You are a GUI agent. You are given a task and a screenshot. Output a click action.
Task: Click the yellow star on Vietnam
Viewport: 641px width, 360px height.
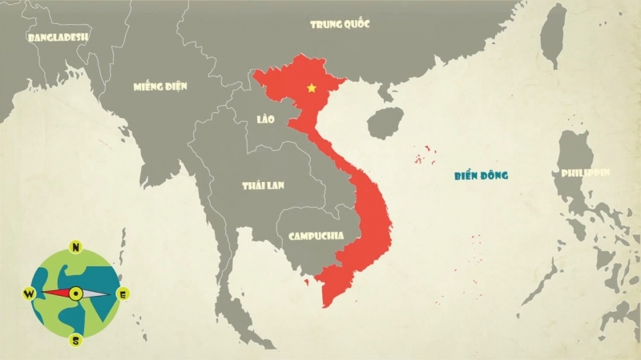[311, 87]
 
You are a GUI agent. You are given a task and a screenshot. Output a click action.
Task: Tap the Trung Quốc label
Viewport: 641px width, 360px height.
[340, 24]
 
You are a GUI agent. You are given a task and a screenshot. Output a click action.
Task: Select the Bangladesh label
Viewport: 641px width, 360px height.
[58, 37]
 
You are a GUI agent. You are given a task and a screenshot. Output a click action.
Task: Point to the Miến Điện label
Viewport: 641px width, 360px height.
[161, 86]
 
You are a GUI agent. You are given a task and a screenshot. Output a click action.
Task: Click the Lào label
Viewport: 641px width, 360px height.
[266, 119]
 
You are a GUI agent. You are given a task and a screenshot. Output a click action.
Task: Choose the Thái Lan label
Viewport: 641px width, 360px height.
[264, 185]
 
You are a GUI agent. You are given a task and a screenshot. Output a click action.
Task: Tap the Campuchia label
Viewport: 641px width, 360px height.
[316, 237]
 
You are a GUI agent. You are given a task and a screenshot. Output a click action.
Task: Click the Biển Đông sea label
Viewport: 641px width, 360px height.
[482, 175]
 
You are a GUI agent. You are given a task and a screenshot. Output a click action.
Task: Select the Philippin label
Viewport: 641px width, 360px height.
[586, 173]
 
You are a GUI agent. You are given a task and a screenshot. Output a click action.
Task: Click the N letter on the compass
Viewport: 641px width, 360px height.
[75, 247]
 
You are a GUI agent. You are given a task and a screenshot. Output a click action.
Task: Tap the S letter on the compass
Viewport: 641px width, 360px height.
[76, 340]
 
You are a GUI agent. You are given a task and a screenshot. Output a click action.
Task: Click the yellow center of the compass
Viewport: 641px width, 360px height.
[76, 293]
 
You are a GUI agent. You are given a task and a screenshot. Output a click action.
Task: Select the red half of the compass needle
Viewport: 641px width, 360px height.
[56, 293]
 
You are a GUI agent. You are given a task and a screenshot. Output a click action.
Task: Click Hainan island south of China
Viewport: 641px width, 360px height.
[383, 123]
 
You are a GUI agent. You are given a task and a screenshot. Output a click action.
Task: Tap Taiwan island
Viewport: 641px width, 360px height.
[552, 37]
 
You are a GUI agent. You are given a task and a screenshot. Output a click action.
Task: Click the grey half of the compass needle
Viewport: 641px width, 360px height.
[95, 293]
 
